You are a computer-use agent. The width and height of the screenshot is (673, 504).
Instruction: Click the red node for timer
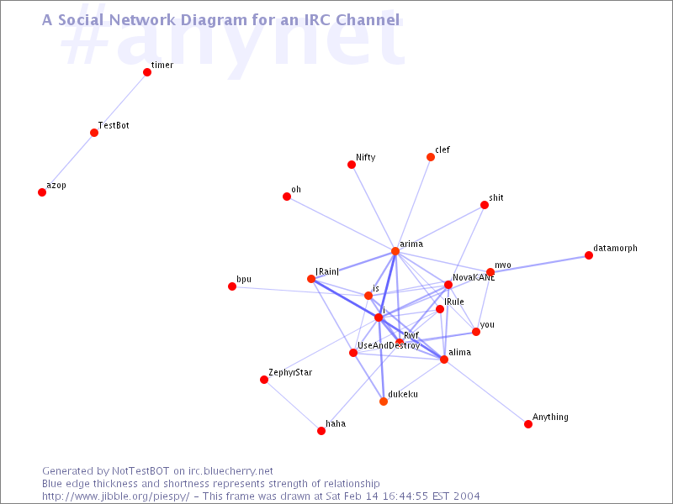pyautogui.click(x=147, y=72)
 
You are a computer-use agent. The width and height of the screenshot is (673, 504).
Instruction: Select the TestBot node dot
pyautogui.click(x=94, y=133)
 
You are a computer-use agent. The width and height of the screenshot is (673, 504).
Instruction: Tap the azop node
pyautogui.click(x=42, y=192)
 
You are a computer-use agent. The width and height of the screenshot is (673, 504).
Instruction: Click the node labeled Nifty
pyautogui.click(x=352, y=165)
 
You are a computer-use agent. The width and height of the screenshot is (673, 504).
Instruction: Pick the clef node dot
pyautogui.click(x=431, y=157)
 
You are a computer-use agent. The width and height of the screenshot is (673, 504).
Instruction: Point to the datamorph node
pyautogui.click(x=589, y=255)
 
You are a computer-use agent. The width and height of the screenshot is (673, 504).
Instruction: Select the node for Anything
pyautogui.click(x=528, y=424)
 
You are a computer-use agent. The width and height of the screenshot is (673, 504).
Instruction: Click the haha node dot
pyautogui.click(x=321, y=431)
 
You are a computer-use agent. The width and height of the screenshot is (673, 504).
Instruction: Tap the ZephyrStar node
pyautogui.click(x=264, y=380)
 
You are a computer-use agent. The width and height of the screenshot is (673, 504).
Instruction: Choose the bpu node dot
pyautogui.click(x=232, y=286)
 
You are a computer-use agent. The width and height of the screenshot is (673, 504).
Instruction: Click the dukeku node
pyautogui.click(x=384, y=402)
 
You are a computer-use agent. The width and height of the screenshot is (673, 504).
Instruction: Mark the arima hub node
pyautogui.click(x=395, y=251)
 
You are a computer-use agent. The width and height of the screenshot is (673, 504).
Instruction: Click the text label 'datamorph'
pyautogui.click(x=616, y=249)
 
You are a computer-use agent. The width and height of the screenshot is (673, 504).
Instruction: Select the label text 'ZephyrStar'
pyautogui.click(x=290, y=373)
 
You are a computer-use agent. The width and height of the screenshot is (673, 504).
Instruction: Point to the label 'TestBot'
pyautogui.click(x=114, y=125)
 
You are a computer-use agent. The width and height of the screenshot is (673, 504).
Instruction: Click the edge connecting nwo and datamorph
pyautogui.click(x=539, y=264)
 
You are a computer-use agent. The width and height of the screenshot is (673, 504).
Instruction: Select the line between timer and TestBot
pyautogui.click(x=120, y=102)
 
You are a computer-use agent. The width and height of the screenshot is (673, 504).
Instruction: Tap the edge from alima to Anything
pyautogui.click(x=486, y=391)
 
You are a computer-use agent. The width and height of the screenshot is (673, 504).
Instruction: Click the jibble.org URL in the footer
pyautogui.click(x=116, y=496)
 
